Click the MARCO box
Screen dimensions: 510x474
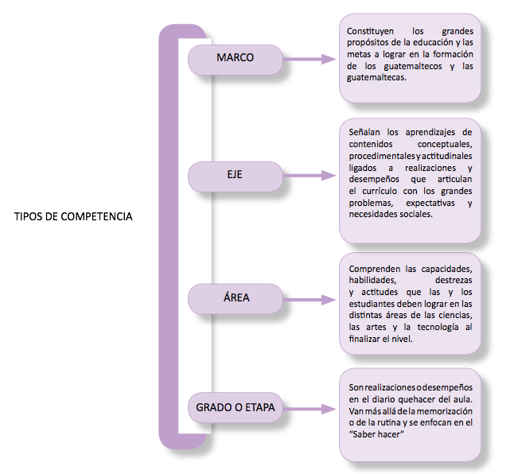(236, 60)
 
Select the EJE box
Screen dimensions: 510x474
(236, 177)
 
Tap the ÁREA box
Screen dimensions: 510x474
(236, 299)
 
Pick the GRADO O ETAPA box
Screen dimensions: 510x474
(236, 408)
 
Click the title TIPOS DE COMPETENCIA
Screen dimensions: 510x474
(73, 216)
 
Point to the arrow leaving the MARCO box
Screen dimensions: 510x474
(310, 59)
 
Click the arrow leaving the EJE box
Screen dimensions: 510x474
(310, 176)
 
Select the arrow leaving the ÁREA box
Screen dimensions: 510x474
(310, 300)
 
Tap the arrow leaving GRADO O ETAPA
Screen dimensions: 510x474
(310, 409)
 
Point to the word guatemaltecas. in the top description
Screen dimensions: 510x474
(376, 78)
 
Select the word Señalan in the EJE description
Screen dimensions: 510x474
(364, 132)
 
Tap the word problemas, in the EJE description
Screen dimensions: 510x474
(371, 204)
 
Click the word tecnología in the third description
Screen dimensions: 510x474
(438, 328)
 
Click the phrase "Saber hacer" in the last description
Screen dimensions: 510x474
(376, 434)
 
